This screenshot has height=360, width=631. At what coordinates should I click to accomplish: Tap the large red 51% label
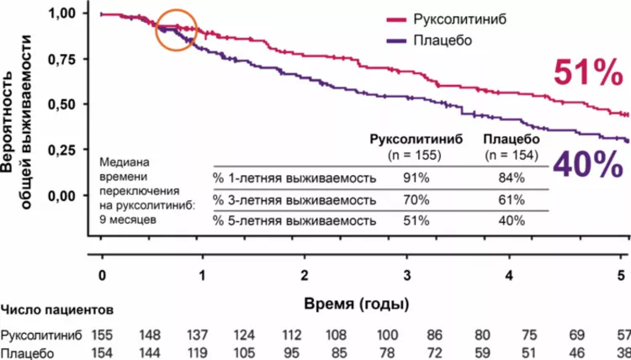pos(586,75)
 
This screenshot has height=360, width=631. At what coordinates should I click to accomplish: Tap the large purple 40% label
pos(587,165)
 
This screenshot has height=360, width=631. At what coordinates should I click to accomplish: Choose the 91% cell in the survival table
pos(416,177)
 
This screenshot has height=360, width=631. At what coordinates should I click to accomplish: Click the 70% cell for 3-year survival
pos(416,199)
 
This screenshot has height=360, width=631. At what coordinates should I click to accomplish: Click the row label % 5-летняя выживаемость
pos(292,220)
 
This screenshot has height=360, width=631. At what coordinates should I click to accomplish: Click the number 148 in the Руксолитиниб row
pos(151,336)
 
